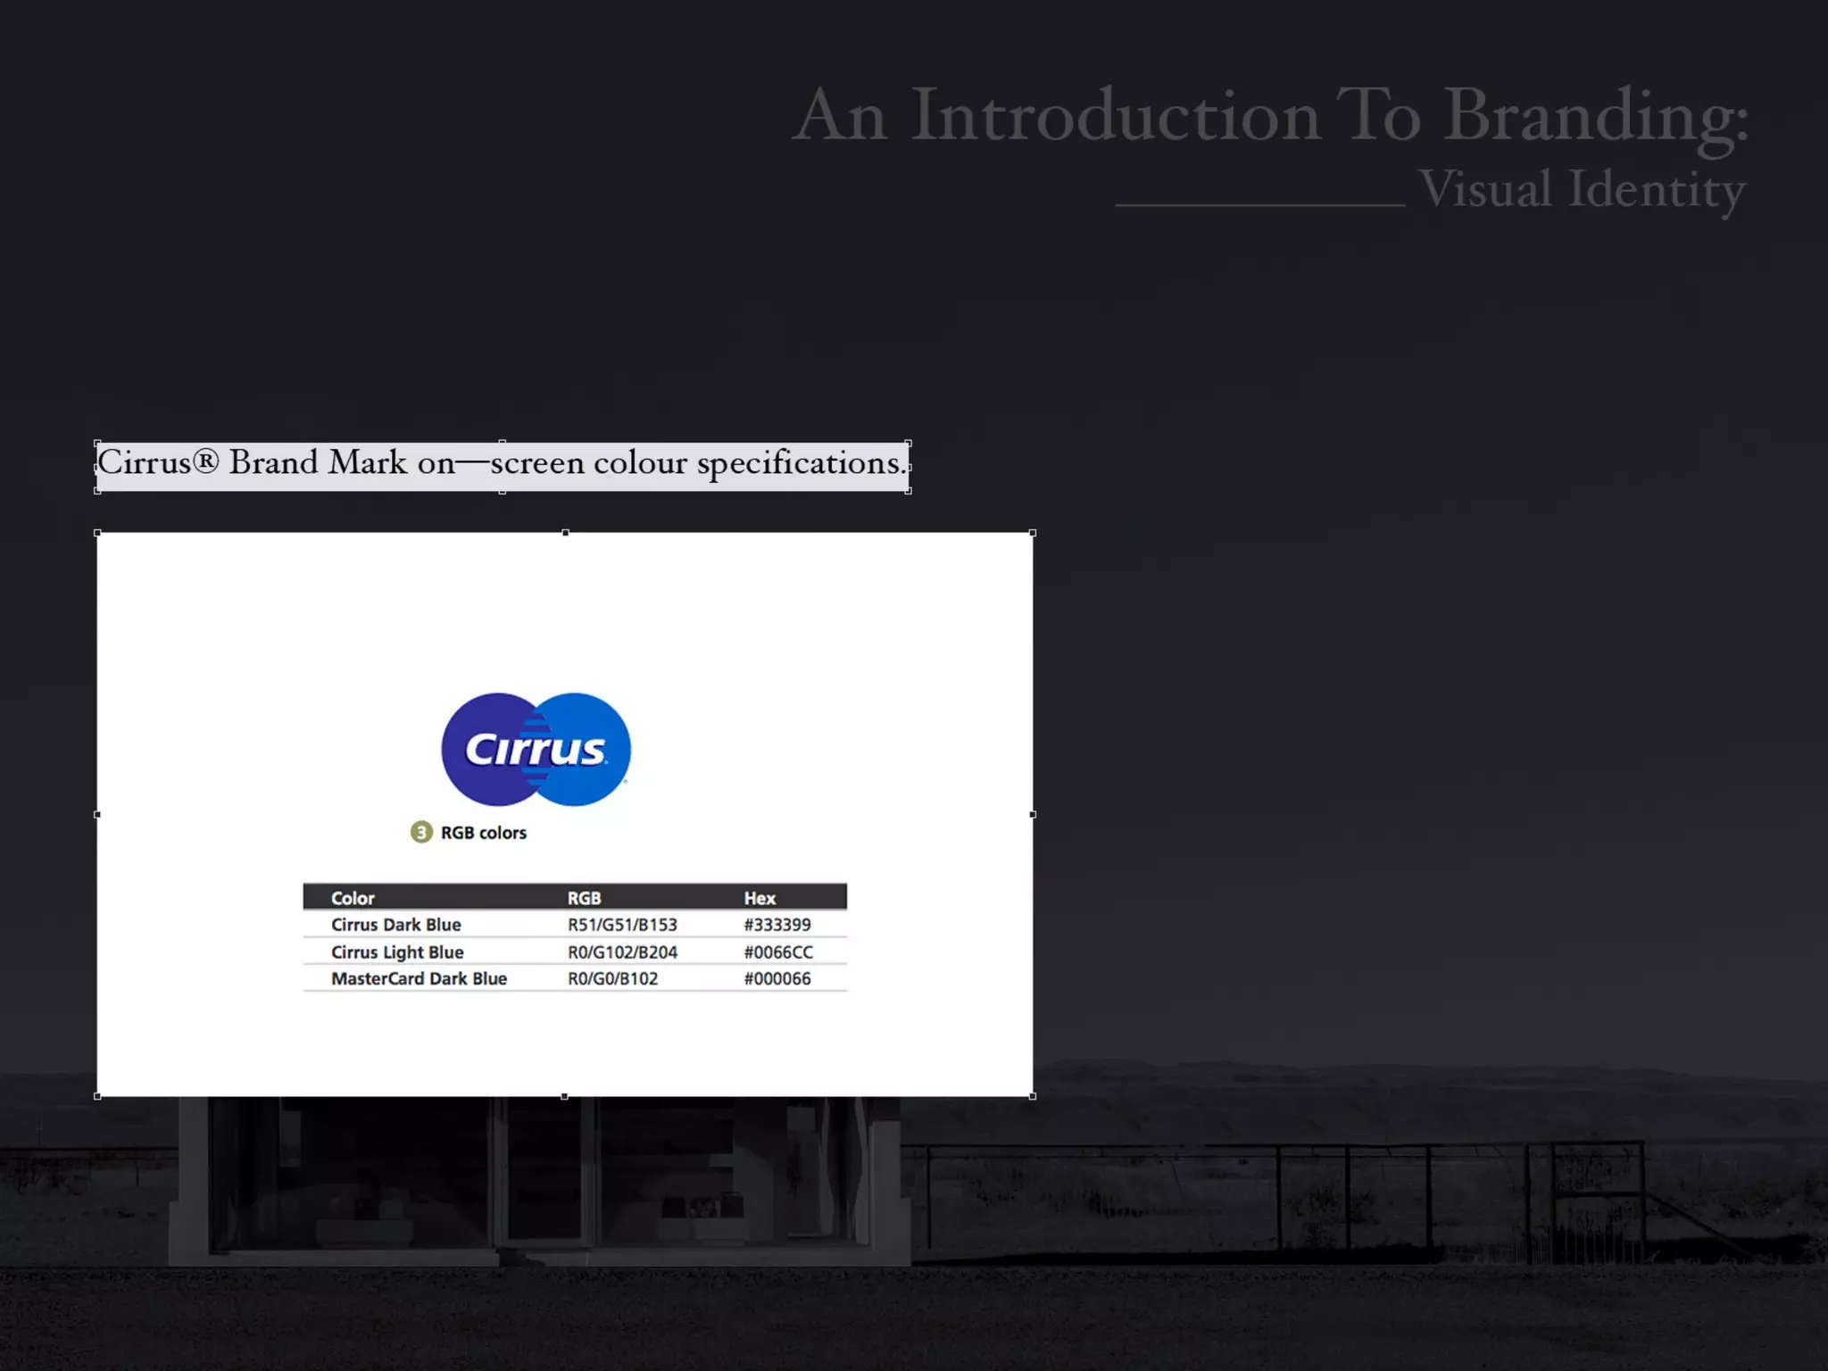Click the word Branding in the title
coord(1596,116)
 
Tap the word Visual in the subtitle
coord(1485,189)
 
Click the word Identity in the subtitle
coord(1657,189)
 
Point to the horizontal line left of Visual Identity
coord(1260,205)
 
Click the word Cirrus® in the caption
coord(158,462)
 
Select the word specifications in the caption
coord(801,462)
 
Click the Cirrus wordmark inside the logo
coord(536,750)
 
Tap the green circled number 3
coord(421,833)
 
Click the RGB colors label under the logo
coord(483,833)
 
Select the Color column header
coord(353,898)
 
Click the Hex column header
coord(760,898)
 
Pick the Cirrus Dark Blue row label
coord(395,925)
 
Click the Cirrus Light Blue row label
coord(397,952)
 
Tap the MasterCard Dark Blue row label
coord(419,979)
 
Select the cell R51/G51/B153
coord(622,925)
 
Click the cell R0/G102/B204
coord(622,952)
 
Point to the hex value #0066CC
coord(778,952)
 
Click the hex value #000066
coord(777,979)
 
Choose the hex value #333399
coord(777,925)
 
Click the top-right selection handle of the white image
coord(1033,533)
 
